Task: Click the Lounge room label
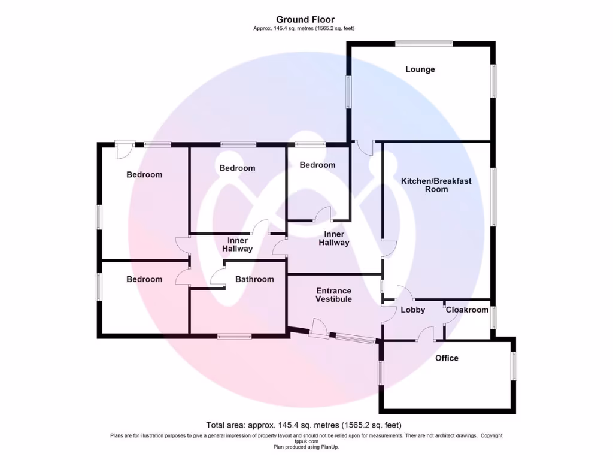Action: (x=420, y=69)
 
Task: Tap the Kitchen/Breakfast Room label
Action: (x=436, y=184)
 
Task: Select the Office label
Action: (x=447, y=358)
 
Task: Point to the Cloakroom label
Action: (x=467, y=310)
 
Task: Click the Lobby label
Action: (x=412, y=310)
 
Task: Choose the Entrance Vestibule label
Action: (x=333, y=295)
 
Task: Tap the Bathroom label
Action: (x=254, y=279)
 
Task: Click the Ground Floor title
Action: (x=306, y=20)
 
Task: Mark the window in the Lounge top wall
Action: (x=424, y=43)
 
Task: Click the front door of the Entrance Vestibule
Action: (x=318, y=329)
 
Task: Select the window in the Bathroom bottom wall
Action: (x=234, y=336)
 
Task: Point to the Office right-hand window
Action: (x=514, y=365)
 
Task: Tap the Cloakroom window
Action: (x=493, y=317)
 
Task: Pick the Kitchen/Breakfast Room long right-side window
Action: (x=493, y=196)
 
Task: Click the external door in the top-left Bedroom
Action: (x=125, y=148)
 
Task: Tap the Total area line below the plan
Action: (x=304, y=425)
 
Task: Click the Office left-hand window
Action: (x=380, y=373)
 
